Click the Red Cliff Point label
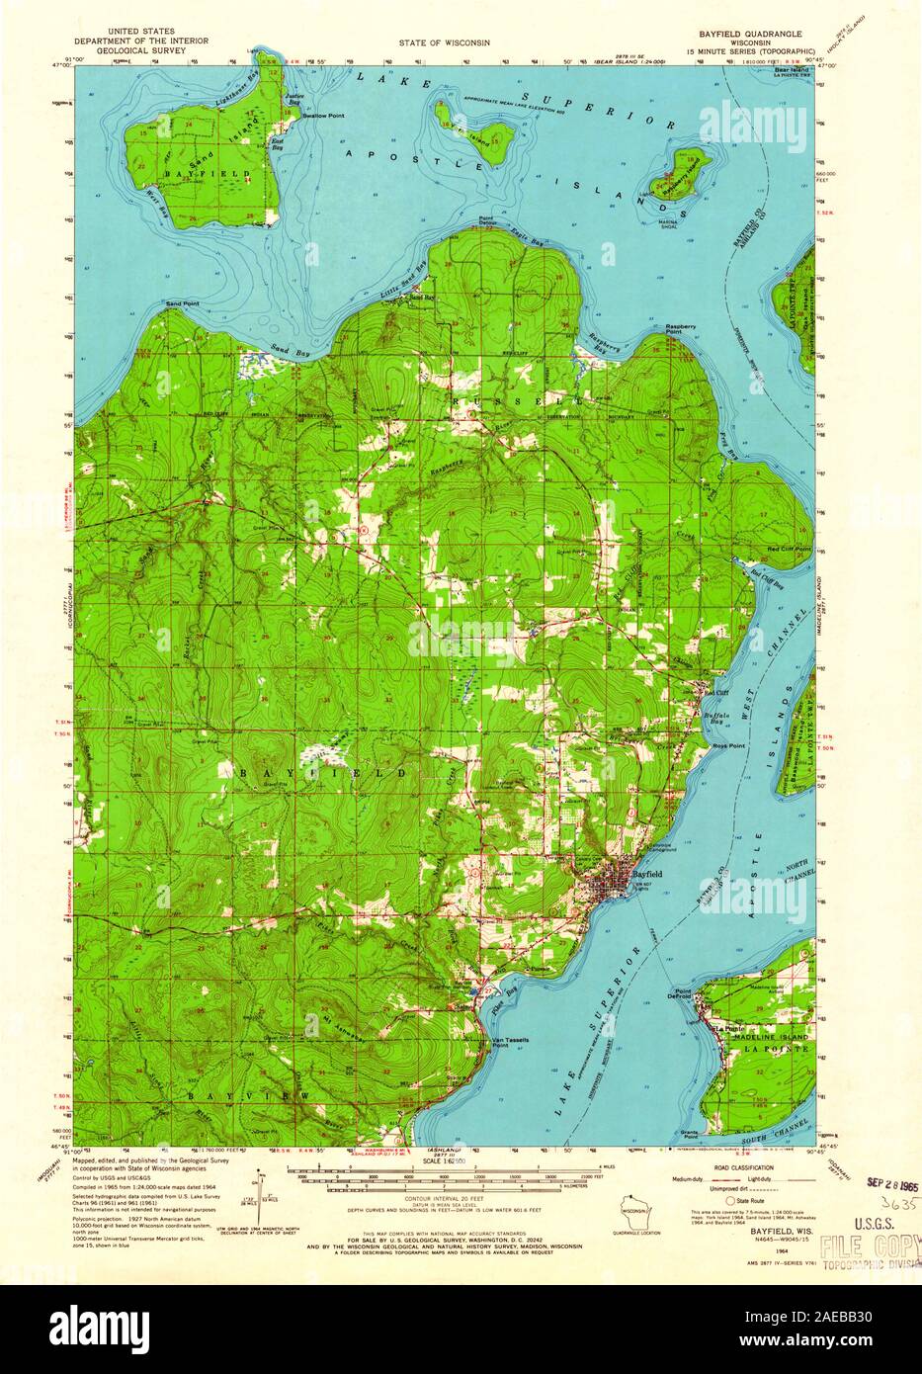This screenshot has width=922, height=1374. (789, 548)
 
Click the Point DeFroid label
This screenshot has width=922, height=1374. (682, 993)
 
